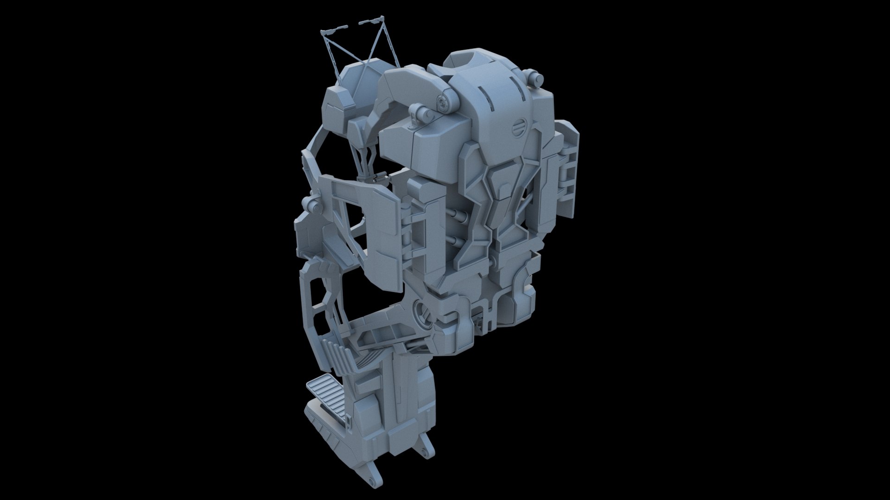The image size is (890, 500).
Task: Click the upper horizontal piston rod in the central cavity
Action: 458,214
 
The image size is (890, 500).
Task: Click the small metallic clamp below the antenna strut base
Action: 373,177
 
